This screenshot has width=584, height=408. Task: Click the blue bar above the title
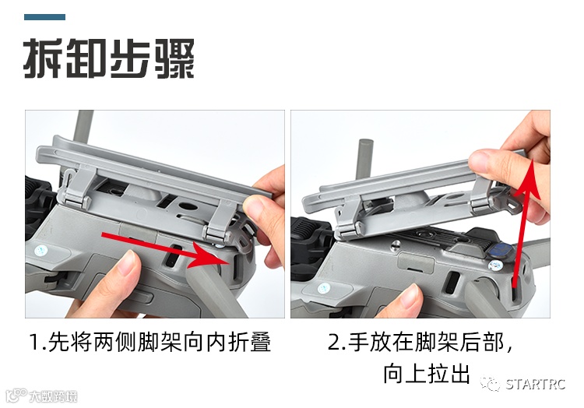[x=44, y=17]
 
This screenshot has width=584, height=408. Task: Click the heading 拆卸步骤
[x=109, y=58]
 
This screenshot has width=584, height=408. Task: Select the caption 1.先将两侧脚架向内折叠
[x=150, y=342]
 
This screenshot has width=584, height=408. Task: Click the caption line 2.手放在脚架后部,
[x=420, y=342]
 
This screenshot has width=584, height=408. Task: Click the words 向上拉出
[x=427, y=374]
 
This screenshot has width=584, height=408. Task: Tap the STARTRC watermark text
[x=536, y=384]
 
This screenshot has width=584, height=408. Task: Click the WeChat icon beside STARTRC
[x=490, y=383]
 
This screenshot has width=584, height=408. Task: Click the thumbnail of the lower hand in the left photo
[x=127, y=262]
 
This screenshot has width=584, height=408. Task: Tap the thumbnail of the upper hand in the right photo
[x=481, y=161]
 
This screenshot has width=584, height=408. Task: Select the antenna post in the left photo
[x=83, y=127]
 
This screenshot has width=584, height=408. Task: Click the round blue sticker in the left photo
[x=40, y=251]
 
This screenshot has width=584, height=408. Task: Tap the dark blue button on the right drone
[x=499, y=249]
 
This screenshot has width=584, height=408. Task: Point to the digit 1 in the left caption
[x=34, y=343]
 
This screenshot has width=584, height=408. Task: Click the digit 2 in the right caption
[x=334, y=343]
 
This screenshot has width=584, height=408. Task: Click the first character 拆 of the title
[x=43, y=58]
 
